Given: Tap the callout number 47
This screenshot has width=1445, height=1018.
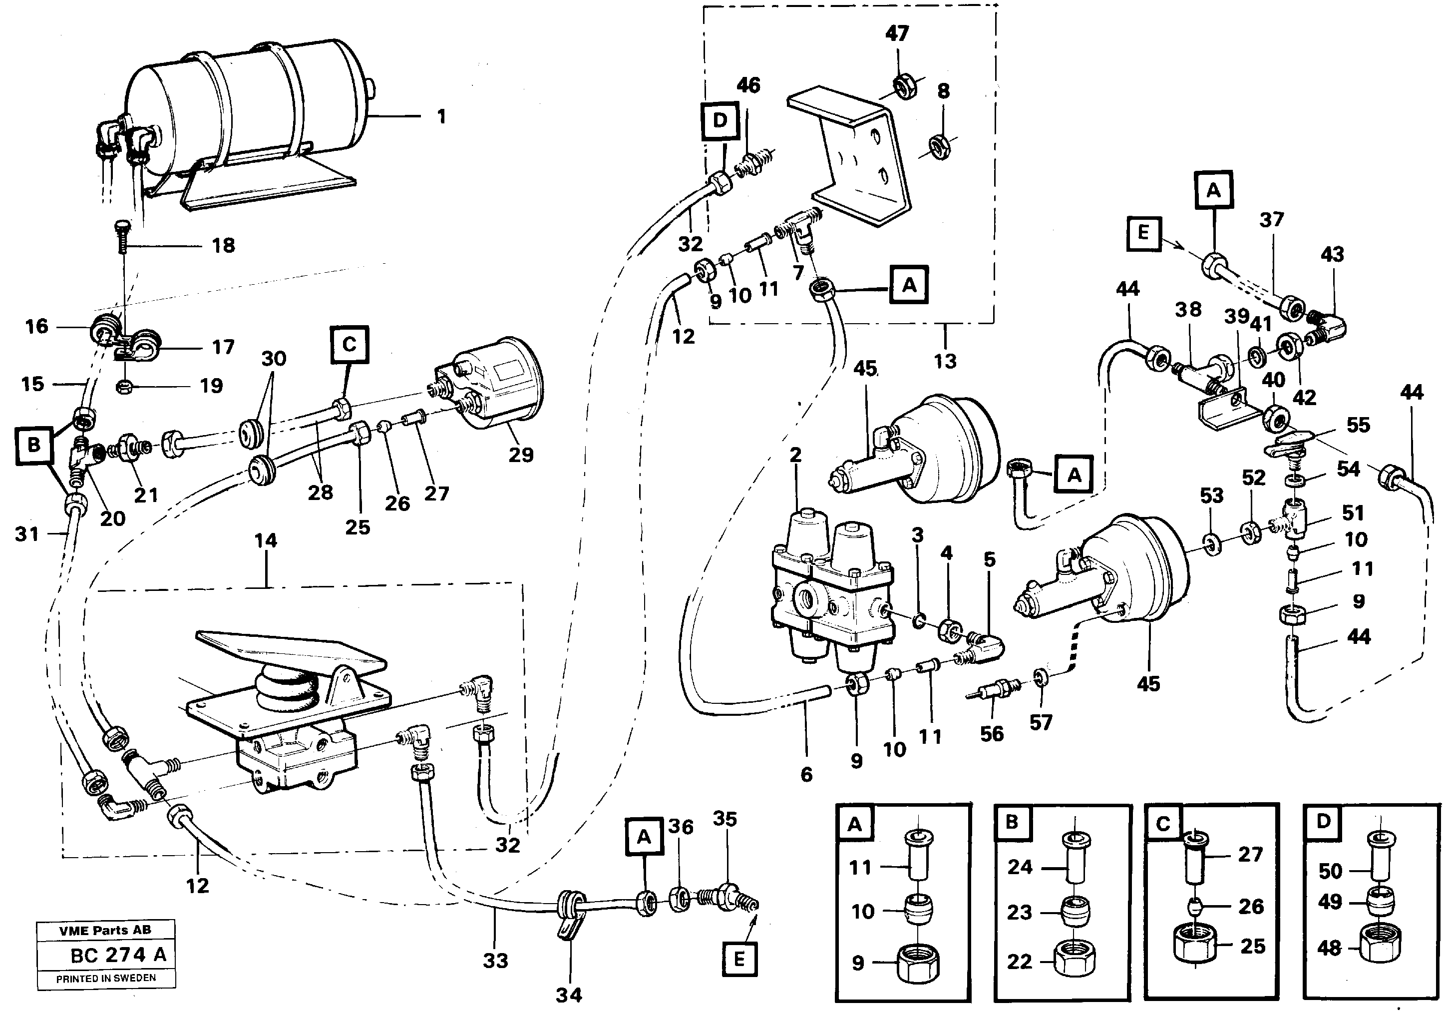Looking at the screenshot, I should (897, 33).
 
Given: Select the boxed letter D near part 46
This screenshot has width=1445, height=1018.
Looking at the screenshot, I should (720, 121).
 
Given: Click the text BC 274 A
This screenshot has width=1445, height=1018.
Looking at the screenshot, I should (118, 955).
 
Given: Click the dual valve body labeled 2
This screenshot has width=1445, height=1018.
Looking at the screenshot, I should (831, 592).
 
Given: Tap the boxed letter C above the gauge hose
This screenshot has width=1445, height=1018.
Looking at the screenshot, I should (350, 344).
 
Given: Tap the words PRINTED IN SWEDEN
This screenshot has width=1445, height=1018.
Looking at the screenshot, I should (106, 979).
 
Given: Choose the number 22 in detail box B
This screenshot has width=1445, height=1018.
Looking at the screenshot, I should (1020, 962).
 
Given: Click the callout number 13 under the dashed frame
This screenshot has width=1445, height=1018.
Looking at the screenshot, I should (945, 361).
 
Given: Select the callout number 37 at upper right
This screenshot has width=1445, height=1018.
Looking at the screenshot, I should (1271, 220).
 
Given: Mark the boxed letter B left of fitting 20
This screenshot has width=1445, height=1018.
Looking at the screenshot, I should (34, 445).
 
